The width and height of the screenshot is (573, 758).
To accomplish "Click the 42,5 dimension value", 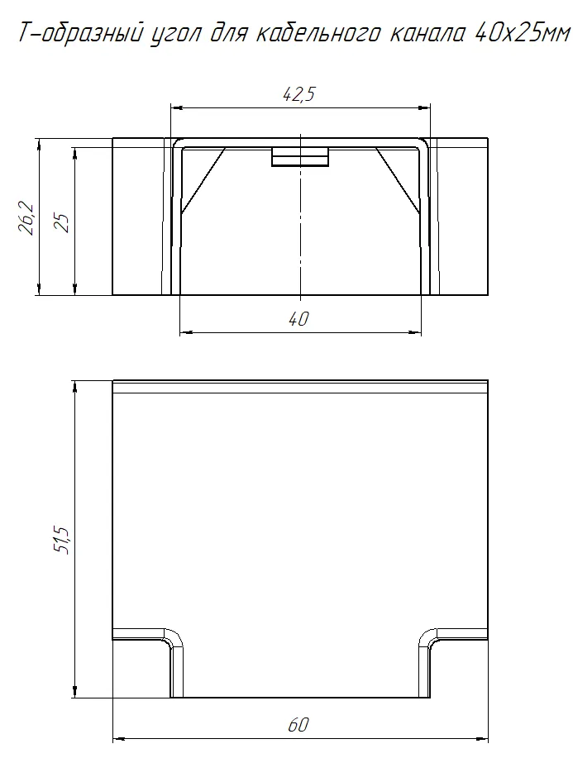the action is point(298,93).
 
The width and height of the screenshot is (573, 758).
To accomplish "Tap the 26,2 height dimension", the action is point(26,218).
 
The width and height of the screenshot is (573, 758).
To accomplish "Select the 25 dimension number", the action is point(63,222).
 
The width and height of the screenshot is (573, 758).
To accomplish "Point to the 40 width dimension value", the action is point(298,318).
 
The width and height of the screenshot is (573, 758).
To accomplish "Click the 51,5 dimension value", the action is point(63,539).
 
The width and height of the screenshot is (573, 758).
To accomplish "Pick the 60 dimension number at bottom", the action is point(298,725).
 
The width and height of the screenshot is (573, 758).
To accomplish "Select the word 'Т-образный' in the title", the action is point(80,35).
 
